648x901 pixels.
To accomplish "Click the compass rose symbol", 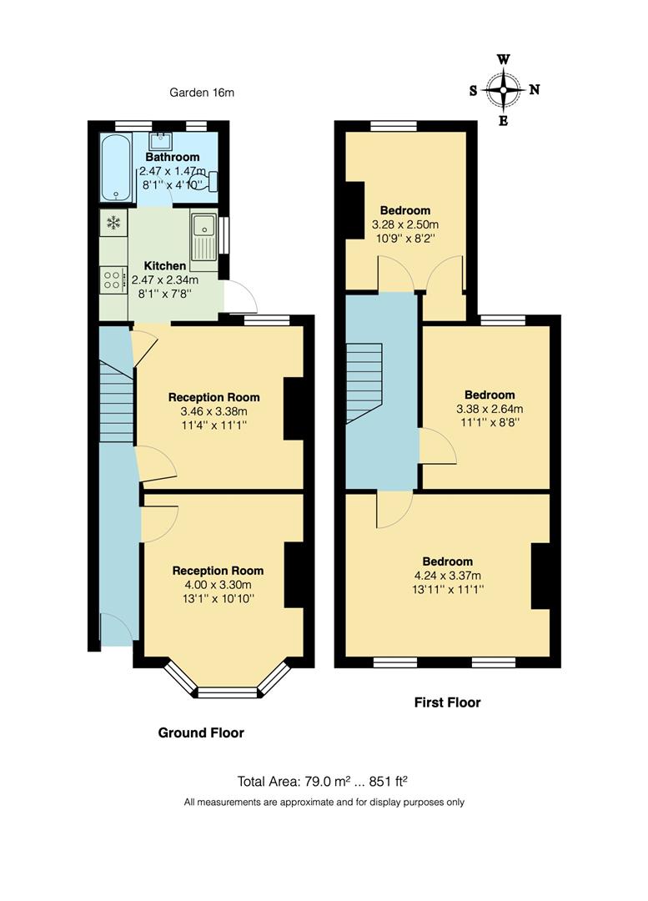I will pos(503,90).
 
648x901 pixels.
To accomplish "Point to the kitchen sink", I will pos(203,235).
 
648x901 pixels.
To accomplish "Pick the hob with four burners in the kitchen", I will pos(113,279).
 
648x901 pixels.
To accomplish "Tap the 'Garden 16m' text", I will pos(202,93).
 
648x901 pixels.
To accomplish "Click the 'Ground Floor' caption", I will pos(201,732).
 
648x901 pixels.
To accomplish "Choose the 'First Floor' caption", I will pos(447,702).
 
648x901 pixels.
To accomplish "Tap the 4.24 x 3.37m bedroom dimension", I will pos(447,575).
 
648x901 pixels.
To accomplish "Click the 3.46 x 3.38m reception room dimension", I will pos(213,411).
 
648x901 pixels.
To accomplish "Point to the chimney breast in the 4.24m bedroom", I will pos(541,576).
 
